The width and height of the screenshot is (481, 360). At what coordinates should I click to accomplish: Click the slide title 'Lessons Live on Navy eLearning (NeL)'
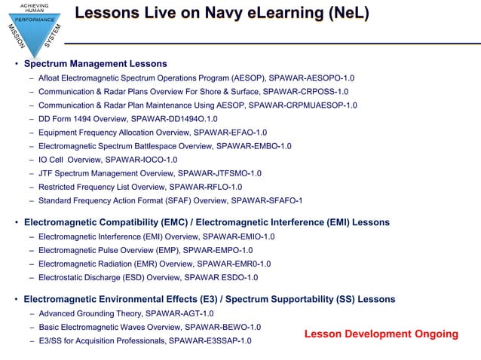pyautogui.click(x=222, y=14)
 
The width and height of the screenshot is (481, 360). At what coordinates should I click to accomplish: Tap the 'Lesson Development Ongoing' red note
pyautogui.click(x=381, y=334)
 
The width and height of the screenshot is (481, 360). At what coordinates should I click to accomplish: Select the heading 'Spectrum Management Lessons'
pyautogui.click(x=95, y=63)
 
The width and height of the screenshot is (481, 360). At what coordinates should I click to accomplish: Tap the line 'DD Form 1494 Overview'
pyautogui.click(x=82, y=119)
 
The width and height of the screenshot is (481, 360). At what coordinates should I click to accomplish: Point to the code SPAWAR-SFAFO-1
pyautogui.click(x=267, y=200)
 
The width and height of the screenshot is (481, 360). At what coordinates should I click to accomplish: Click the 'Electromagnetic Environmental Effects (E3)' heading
pyautogui.click(x=121, y=299)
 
